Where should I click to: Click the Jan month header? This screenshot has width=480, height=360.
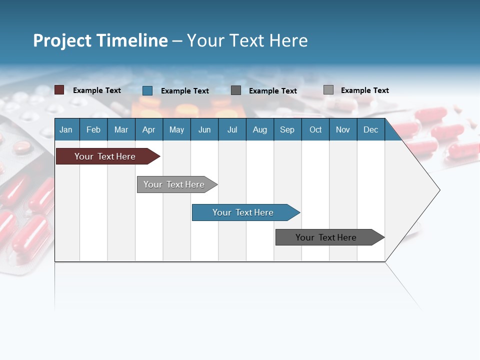pos(66,129)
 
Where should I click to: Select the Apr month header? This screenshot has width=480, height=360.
pos(149,129)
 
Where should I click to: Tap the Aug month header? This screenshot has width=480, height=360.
pos(260,129)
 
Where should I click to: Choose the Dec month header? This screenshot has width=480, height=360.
pos(370,129)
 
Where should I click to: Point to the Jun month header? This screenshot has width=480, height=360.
pos(204,129)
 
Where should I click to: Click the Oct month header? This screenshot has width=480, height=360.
pos(315,129)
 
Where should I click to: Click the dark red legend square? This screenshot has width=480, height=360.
pos(59,90)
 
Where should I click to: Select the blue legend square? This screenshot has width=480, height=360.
pos(147,90)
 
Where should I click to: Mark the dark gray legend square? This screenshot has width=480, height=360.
pos(236,90)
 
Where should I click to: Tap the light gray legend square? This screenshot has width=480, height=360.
pos(328,90)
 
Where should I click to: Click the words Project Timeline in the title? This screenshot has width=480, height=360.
pos(100,40)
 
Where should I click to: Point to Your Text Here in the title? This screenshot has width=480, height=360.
pos(247,40)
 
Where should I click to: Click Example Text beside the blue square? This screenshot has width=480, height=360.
pos(185,91)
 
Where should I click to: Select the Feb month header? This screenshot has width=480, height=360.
pos(93,129)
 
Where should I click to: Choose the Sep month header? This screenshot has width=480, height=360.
pos(287,129)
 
